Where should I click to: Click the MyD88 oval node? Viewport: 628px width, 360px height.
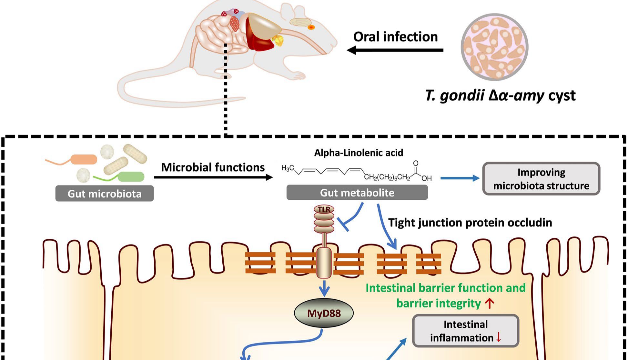[324, 313]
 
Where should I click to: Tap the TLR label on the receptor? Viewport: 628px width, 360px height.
[324, 210]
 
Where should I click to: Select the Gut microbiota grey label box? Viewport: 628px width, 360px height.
[104, 194]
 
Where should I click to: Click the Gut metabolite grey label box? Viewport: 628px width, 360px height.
[357, 193]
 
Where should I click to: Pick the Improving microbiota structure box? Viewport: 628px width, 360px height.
[541, 179]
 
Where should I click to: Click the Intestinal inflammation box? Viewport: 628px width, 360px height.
[465, 331]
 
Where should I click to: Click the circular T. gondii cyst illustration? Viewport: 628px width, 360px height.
[494, 47]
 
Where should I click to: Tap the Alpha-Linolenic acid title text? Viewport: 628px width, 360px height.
[359, 153]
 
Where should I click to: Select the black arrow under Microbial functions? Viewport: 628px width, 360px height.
[213, 177]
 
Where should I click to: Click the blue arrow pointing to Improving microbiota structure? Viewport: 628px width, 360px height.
[460, 178]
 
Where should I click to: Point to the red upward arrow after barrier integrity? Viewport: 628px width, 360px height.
[490, 304]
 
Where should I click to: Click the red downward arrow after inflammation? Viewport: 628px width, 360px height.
[499, 337]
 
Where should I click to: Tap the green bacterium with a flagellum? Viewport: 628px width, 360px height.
[131, 176]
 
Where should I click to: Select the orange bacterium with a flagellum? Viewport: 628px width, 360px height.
[84, 159]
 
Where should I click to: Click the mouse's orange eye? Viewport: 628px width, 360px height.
[310, 27]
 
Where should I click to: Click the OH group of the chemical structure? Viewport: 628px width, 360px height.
[426, 178]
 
